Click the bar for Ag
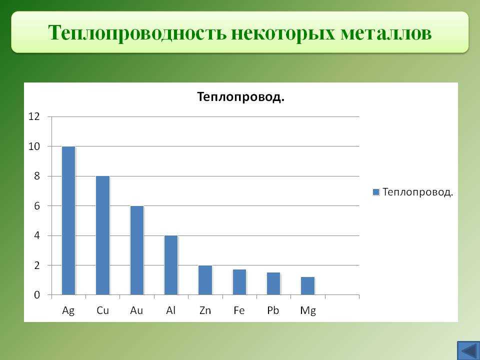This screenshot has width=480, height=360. coord(68,220)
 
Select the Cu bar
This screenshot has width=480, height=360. coord(102,235)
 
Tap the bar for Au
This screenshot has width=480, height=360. coord(137,250)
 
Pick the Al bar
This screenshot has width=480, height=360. coord(171,265)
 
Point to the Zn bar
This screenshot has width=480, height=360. coord(205,280)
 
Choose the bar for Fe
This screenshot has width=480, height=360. coord(239,282)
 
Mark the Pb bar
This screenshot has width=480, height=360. coord(273,284)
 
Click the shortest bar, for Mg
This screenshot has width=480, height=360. coord(307,286)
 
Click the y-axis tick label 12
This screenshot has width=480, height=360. coord(34,116)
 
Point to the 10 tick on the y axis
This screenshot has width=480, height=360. coord(34,146)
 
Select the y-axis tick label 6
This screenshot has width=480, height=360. coord(37,205)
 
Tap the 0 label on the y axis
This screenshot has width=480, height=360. coord(37,295)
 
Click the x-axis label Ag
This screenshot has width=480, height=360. coord(68,310)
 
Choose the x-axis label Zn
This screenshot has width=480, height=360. coord(205,310)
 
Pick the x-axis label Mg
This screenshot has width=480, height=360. coord(308,311)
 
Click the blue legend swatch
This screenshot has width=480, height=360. coord(376,192)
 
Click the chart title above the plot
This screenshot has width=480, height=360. coord(240,97)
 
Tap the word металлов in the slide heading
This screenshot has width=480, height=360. coord(385,32)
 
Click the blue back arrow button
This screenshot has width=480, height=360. coord(468,350)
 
